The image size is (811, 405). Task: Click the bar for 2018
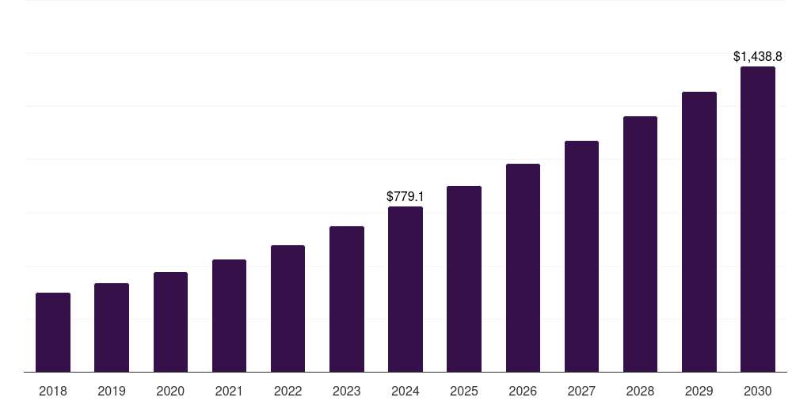[x=53, y=332]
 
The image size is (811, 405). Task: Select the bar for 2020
[x=170, y=322]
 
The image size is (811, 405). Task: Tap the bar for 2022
[x=287, y=308]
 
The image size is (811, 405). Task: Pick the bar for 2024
[x=405, y=290]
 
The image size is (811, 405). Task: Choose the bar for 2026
[x=523, y=268]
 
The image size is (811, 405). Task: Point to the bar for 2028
[x=640, y=244]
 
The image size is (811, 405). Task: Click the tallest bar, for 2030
[x=757, y=219]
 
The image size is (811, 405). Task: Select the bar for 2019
[x=112, y=327]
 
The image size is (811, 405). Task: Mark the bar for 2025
[x=464, y=279]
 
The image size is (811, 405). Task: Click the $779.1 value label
[x=405, y=195]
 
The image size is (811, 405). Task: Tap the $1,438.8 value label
[x=757, y=56]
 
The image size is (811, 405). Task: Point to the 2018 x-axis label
[x=53, y=391]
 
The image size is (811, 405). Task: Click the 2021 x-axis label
[x=229, y=391]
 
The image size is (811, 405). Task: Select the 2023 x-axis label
[x=347, y=391]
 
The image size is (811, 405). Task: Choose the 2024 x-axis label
[x=405, y=391]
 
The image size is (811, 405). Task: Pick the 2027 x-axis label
[x=581, y=391]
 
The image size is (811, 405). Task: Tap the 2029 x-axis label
[x=699, y=391]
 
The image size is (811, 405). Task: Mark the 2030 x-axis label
[x=757, y=391]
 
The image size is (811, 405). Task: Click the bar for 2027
[x=581, y=256]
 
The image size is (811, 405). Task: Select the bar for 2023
[x=347, y=299]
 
